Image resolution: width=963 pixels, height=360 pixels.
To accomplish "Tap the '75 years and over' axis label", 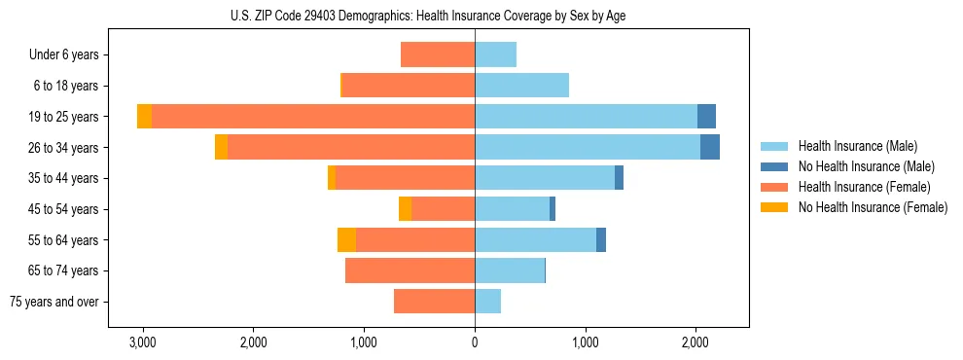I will [x=54, y=302].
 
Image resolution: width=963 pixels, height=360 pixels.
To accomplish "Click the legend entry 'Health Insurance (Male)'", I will [x=857, y=146].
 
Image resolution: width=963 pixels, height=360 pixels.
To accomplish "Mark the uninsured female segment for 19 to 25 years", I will [x=144, y=117].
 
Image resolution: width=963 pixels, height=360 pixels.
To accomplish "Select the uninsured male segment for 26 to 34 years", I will [x=710, y=147].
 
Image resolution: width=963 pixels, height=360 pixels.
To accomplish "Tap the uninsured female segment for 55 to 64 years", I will [x=346, y=240].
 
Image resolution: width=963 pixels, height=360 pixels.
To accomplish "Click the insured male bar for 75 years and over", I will [x=487, y=302].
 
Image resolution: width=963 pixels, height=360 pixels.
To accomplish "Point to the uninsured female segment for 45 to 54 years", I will [x=405, y=209].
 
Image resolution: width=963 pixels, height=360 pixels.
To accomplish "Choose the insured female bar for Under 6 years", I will [x=438, y=54].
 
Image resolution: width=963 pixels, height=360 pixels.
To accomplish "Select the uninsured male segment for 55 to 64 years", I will [x=601, y=240].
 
